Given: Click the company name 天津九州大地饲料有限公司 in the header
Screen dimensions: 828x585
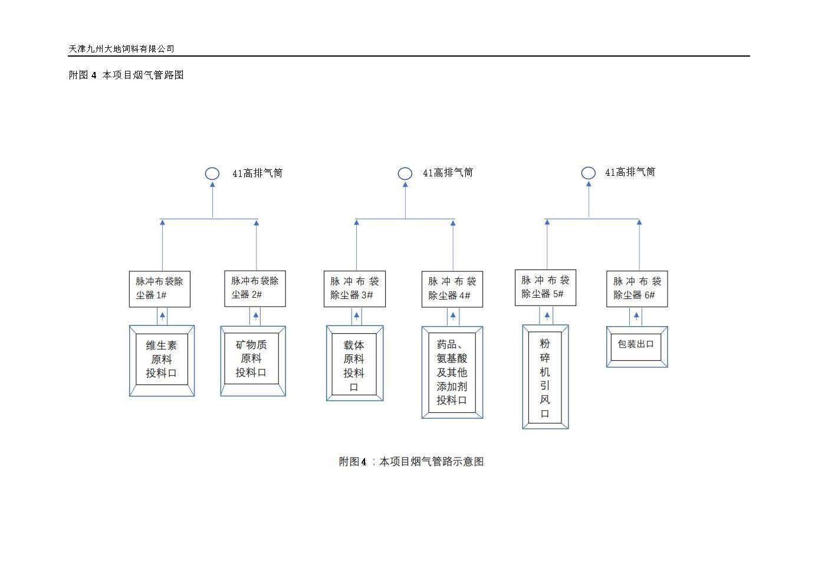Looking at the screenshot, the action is [121, 49].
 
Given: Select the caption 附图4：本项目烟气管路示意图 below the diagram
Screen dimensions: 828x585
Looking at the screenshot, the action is [411, 462].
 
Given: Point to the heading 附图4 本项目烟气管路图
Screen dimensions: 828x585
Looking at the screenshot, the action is [126, 75].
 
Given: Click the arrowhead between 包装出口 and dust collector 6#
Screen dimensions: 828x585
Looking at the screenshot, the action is [636, 315].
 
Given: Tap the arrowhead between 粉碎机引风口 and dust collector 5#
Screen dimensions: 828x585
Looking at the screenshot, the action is [547, 315].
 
